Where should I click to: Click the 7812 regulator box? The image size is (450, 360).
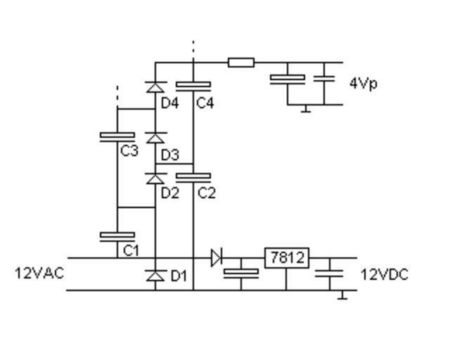coord(286,258)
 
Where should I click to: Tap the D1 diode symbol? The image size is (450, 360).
coord(155,276)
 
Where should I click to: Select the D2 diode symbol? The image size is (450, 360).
coord(155,179)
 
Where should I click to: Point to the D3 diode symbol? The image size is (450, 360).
coord(155,138)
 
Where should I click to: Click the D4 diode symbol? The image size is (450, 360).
coord(155,87)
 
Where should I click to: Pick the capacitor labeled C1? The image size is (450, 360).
coord(117,236)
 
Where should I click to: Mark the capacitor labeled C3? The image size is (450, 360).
coord(117,136)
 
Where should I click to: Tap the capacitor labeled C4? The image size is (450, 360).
coord(193,85)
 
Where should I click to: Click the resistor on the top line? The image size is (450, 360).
coord(240,63)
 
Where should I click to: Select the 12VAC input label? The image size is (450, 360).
coord(39,273)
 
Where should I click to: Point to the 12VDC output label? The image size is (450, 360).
coord(385,274)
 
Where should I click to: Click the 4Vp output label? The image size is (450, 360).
coord(363,84)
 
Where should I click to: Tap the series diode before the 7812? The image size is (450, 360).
coord(216,258)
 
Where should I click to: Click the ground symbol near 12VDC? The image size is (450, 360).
coord(342,295)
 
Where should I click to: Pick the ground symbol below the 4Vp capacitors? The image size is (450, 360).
coord(306,109)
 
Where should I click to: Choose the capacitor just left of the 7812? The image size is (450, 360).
coord(240,271)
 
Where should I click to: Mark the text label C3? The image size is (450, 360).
coord(129,150)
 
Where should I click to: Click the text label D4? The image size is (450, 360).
coord(169,103)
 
